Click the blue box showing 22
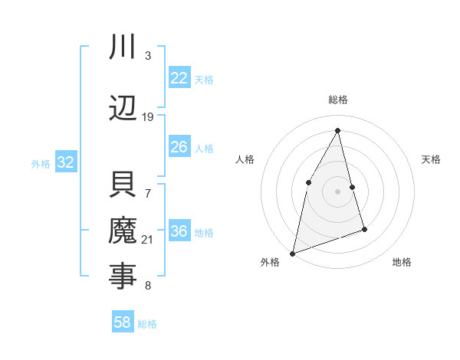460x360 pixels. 179,78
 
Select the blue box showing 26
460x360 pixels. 179,147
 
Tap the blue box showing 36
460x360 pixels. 179,231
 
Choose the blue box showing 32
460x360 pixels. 65,162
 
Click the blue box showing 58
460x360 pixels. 123,322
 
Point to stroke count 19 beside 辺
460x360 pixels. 148,117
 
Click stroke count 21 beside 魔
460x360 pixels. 148,240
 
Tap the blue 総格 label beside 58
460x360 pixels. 147,324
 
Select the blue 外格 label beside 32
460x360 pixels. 41,164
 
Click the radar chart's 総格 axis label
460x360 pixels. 337,100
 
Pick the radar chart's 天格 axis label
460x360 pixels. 432,159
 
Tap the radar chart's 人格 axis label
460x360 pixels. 245,159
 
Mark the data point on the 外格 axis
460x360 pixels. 292,253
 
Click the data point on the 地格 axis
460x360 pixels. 364,229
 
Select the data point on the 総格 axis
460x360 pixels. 337,130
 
